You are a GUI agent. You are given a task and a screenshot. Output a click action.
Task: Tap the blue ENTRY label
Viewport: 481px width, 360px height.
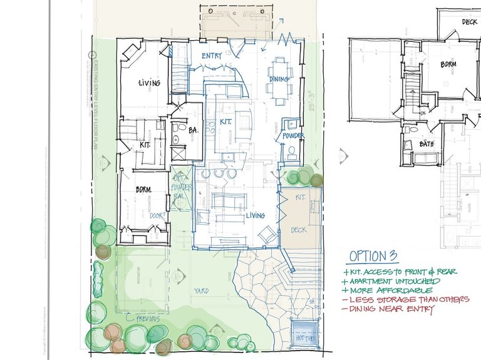[x=212, y=56]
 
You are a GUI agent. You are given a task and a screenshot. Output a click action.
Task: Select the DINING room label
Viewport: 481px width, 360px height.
[x=279, y=80]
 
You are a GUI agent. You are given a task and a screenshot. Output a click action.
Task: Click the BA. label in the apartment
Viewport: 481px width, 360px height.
[x=194, y=130]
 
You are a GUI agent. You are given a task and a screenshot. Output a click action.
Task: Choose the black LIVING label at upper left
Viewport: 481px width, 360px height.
[x=149, y=83]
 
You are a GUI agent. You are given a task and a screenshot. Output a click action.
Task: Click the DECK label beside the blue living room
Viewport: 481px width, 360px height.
[x=298, y=230]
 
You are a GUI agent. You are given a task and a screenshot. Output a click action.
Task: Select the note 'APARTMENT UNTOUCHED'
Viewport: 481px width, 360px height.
[x=395, y=281]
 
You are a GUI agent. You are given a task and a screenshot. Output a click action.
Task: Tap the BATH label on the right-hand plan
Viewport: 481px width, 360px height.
[x=427, y=145]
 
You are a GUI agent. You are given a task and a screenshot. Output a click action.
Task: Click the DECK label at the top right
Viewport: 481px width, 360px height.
[x=469, y=22]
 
